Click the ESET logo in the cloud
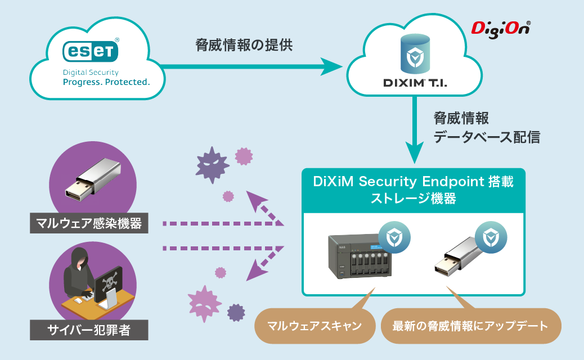pyautogui.click(x=91, y=51)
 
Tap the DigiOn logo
pyautogui.click(x=501, y=29)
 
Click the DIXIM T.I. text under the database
pyautogui.click(x=415, y=83)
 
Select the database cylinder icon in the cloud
pyautogui.click(x=415, y=53)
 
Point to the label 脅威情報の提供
pyautogui.click(x=244, y=45)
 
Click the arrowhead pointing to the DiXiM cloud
pyautogui.click(x=331, y=67)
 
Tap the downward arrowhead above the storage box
pyautogui.click(x=414, y=152)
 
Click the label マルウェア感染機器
pyautogui.click(x=89, y=223)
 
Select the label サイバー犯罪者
pyautogui.click(x=89, y=330)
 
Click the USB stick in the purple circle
pyautogui.click(x=93, y=179)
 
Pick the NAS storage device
pyautogui.click(x=360, y=256)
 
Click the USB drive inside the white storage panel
pyautogui.click(x=460, y=257)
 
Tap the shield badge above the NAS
pyautogui.click(x=394, y=237)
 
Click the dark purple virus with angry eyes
pyautogui.click(x=212, y=164)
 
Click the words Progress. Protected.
pyautogui.click(x=106, y=82)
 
